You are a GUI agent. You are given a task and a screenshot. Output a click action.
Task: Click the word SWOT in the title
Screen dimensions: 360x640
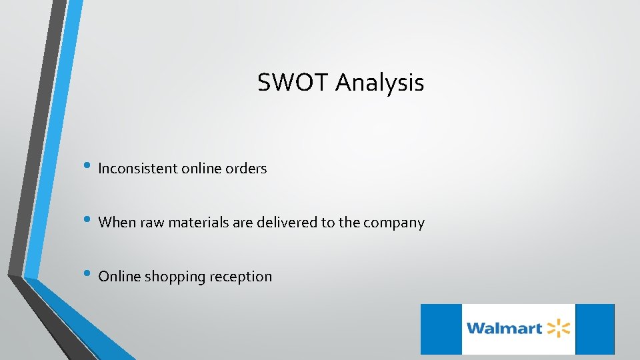pyautogui.click(x=293, y=83)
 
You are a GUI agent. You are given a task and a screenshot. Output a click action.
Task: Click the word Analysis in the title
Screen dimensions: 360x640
pyautogui.click(x=379, y=83)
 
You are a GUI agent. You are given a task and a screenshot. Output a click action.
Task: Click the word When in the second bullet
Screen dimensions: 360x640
pyautogui.click(x=117, y=223)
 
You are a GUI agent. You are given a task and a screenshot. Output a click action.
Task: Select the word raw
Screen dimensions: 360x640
pyautogui.click(x=151, y=223)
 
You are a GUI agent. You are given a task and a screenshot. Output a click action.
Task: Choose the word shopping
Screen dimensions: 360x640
pyautogui.click(x=175, y=277)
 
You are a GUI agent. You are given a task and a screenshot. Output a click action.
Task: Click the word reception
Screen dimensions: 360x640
pyautogui.click(x=241, y=277)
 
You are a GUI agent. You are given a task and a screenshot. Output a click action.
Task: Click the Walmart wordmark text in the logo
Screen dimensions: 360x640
pyautogui.click(x=504, y=329)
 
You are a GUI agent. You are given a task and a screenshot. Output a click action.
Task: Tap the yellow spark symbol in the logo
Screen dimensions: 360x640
pyautogui.click(x=559, y=328)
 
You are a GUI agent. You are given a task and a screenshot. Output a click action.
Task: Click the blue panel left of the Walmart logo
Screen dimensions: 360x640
pyautogui.click(x=441, y=329)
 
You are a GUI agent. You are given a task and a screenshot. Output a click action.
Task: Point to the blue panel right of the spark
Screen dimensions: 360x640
pyautogui.click(x=594, y=329)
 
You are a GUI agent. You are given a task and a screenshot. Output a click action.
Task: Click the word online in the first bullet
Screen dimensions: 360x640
pyautogui.click(x=201, y=169)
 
